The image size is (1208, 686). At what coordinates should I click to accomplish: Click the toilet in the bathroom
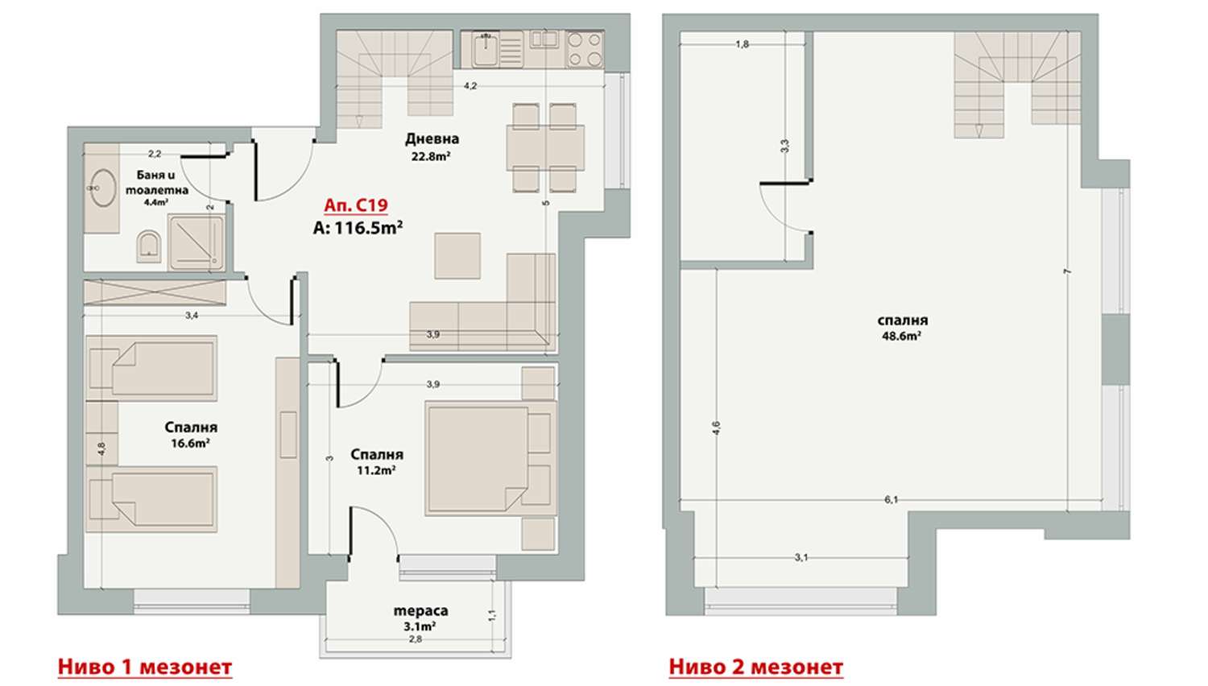click(149, 246)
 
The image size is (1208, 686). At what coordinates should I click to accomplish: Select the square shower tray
click(196, 242)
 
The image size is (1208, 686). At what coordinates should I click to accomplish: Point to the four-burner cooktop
click(585, 49)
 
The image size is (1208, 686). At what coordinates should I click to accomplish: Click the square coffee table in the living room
click(457, 255)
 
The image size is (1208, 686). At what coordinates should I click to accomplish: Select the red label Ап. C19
click(356, 205)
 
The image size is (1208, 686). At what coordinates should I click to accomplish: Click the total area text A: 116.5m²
click(358, 228)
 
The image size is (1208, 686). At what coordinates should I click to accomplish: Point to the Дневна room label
click(432, 139)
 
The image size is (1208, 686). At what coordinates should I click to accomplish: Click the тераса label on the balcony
click(420, 611)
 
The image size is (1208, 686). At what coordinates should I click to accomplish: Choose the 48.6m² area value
click(902, 336)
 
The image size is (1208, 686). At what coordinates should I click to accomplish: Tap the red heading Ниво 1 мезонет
click(144, 667)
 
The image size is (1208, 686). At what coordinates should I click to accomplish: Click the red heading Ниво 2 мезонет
click(756, 667)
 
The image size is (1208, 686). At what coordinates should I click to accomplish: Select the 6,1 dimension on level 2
click(891, 500)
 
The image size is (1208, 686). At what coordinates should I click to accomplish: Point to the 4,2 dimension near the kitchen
click(470, 85)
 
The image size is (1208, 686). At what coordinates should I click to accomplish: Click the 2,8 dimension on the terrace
click(416, 639)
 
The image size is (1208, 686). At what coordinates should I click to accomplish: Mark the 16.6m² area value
click(191, 444)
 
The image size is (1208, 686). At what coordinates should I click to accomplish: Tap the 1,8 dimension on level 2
click(743, 45)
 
